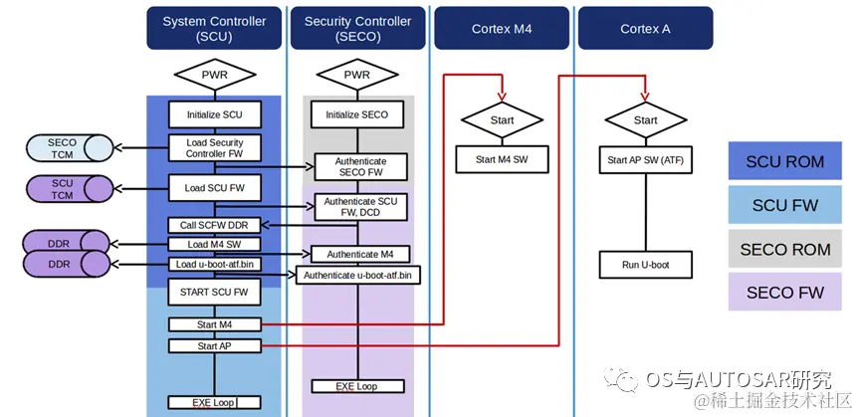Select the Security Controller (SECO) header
[x=357, y=29]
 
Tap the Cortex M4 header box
[x=502, y=29]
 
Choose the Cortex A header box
[x=645, y=29]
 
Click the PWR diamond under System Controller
[x=214, y=76]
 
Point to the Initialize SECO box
[x=357, y=114]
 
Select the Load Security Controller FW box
[x=214, y=148]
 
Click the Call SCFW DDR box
[x=214, y=224]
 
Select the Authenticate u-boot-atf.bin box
[x=357, y=275]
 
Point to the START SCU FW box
[x=214, y=293]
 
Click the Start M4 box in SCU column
[x=214, y=324]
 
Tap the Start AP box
[x=214, y=345]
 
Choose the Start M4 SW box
[x=502, y=158]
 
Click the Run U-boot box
[x=645, y=264]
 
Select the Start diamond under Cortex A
[x=645, y=120]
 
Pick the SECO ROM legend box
[x=784, y=249]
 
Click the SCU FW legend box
[x=784, y=205]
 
